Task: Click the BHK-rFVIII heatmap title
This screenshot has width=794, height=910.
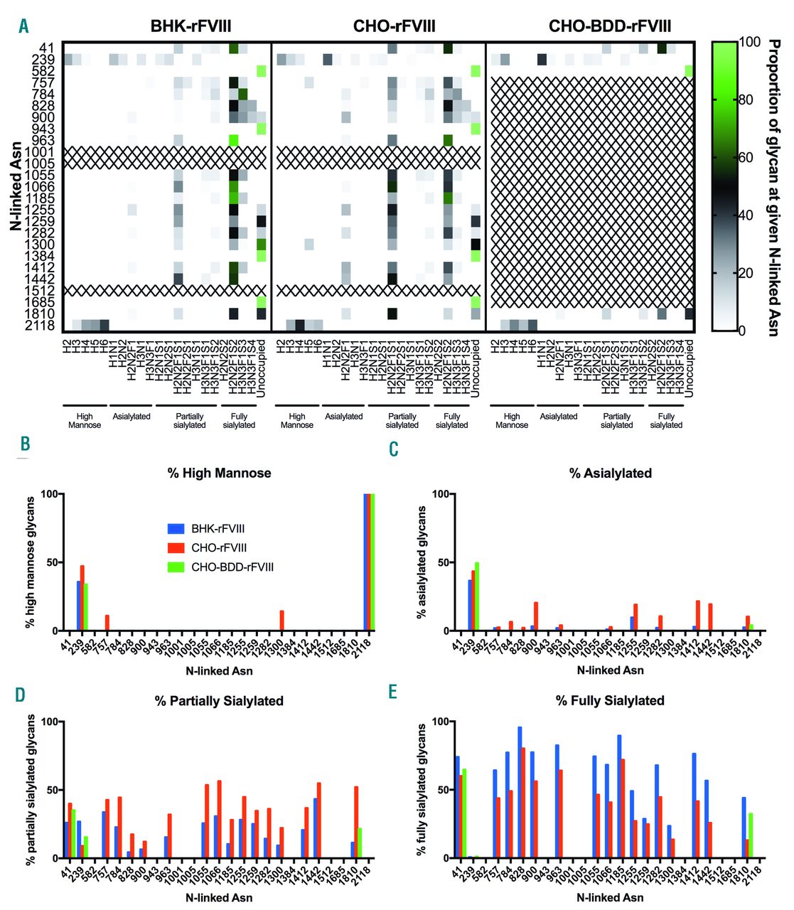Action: point(191,27)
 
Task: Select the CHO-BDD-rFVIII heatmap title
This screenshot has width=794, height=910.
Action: point(610,27)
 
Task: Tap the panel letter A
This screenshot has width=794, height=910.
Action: point(24,27)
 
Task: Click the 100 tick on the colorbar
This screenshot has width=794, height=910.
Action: point(750,42)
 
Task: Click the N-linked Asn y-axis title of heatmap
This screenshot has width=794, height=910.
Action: point(16,185)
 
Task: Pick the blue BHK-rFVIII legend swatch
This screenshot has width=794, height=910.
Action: point(176,529)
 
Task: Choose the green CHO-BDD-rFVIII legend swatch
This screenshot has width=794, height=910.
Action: point(176,567)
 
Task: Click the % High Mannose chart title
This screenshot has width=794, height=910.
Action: point(219,473)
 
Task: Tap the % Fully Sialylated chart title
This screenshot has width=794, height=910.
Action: point(610,701)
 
